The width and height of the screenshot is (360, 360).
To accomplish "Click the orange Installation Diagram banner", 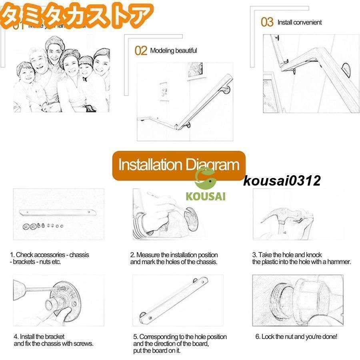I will [178, 165].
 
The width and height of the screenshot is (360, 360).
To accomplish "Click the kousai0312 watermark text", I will [282, 181].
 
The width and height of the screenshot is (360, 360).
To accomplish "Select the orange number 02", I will [141, 51].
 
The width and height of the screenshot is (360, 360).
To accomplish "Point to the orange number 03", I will [267, 22].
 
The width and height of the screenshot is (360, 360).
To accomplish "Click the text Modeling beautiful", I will [173, 51].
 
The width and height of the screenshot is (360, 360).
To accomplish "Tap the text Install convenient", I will [299, 22].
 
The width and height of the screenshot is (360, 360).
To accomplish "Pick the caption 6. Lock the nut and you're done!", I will [296, 336].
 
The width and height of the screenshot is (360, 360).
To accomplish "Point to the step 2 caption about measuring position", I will [174, 258].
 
